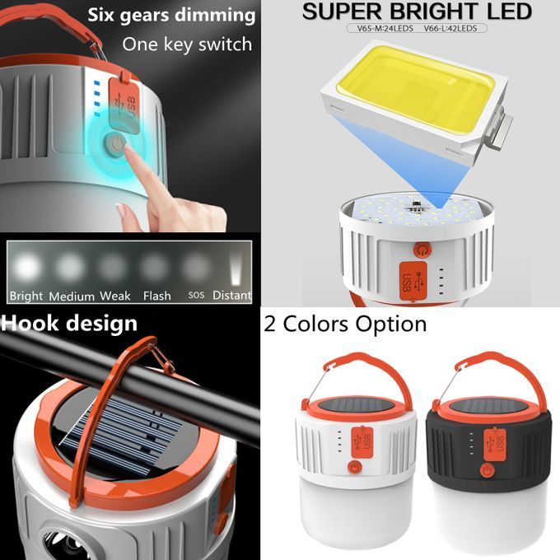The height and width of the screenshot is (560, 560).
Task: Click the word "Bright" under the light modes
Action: click(26, 296)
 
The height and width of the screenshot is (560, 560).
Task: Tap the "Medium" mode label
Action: click(72, 296)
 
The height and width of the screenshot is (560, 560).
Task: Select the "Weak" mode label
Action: click(115, 296)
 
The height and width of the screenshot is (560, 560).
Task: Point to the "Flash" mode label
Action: click(157, 296)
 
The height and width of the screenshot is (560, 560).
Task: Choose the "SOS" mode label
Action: click(196, 295)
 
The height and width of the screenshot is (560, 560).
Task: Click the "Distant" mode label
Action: click(232, 296)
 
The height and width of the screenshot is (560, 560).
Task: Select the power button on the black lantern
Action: click(487, 471)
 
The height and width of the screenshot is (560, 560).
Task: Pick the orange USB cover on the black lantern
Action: click(495, 445)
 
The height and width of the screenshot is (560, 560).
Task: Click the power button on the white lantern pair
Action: click(355, 467)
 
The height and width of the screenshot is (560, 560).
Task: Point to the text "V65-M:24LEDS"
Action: click(385, 28)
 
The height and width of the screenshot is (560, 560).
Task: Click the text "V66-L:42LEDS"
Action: click(450, 28)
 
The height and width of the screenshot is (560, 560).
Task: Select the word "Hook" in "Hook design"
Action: click(30, 323)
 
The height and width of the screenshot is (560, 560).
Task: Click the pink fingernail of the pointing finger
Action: click(127, 146)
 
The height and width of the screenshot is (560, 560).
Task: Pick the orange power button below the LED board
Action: click(422, 249)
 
